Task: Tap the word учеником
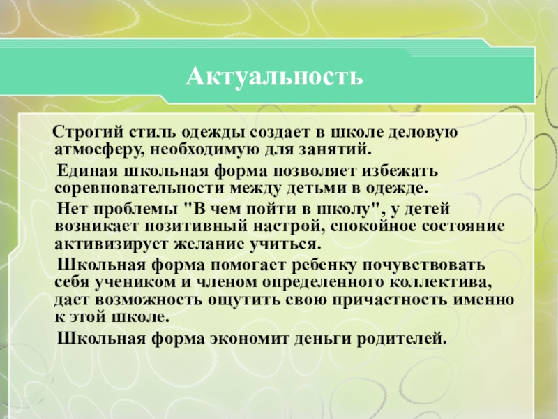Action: click(x=126, y=284)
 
